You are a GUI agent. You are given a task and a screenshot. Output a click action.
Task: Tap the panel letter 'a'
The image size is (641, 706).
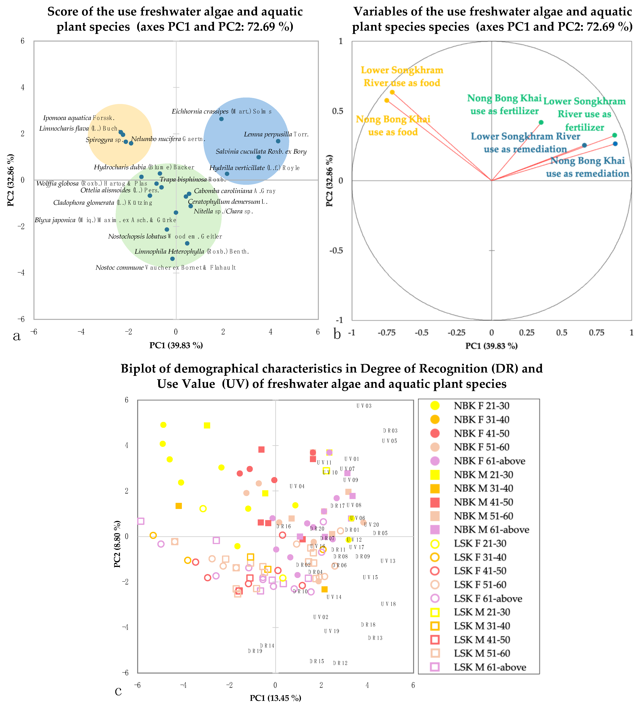coord(16,336)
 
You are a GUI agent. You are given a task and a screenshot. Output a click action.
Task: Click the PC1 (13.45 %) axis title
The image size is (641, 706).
coord(275,698)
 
